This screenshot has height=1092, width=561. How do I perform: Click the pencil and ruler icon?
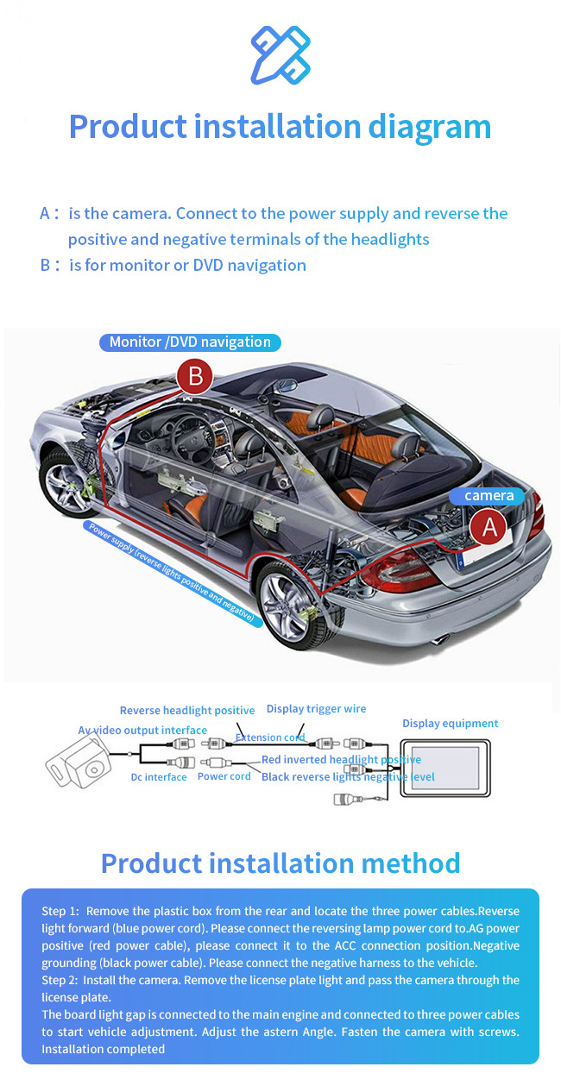coord(280,55)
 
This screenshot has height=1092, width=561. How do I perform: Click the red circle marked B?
coord(195,376)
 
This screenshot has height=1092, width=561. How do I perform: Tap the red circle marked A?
coord(489,527)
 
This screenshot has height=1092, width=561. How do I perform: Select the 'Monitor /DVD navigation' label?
coord(190,342)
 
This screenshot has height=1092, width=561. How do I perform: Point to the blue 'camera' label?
coord(487,496)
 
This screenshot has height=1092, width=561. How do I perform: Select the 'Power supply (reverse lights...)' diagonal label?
coord(172,573)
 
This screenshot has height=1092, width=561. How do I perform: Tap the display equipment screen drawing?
coord(445,769)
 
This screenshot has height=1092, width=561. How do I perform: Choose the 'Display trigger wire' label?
coord(316,709)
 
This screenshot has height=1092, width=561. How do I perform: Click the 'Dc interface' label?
coord(159,777)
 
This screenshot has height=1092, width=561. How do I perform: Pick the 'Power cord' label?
coord(224,776)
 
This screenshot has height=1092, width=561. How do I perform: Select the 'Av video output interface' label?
coord(142,731)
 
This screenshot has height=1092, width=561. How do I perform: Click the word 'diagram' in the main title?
coord(429,128)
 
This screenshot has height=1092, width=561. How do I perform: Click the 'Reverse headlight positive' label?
coord(187,710)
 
